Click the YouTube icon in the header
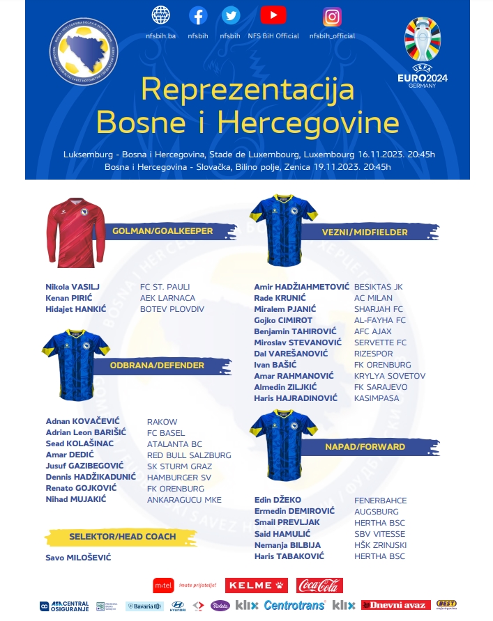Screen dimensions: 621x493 pos(273,15)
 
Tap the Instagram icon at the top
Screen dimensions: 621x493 pos(332,17)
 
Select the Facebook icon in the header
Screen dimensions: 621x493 pos(198,15)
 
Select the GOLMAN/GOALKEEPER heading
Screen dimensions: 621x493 pos(162,231)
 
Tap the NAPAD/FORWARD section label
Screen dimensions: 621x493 pos(374,446)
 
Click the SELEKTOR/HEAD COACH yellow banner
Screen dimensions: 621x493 pos(122,537)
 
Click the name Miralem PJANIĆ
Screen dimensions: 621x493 pos(285,309)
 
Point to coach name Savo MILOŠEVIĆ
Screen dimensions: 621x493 pos(78,558)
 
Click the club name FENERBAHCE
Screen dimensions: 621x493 pos(380,501)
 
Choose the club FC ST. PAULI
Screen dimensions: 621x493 pos(165,287)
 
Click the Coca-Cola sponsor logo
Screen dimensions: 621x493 pos(319,585)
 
